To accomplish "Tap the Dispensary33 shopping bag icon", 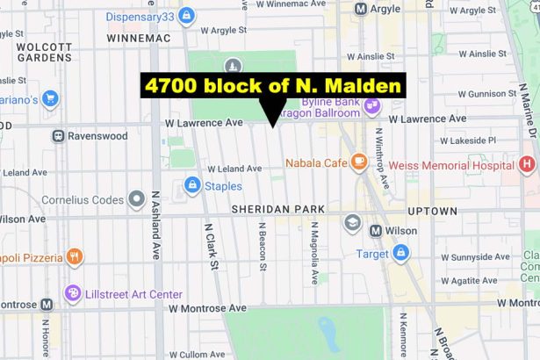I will point(186,16).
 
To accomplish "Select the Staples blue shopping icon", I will point(192,185).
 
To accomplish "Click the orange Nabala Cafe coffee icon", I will point(358,162).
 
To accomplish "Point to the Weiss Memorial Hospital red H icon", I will point(527,164).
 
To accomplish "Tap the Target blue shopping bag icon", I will point(401,253).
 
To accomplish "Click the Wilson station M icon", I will point(375,231).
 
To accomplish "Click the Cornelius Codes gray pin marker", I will point(135,199).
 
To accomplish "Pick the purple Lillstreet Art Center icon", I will point(73,293).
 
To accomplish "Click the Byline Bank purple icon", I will point(372,106).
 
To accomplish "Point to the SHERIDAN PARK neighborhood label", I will point(277,209).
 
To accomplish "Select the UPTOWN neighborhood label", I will point(431,212).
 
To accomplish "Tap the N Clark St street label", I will point(210,245).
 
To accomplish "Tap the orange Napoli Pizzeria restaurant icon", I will point(75,256).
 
